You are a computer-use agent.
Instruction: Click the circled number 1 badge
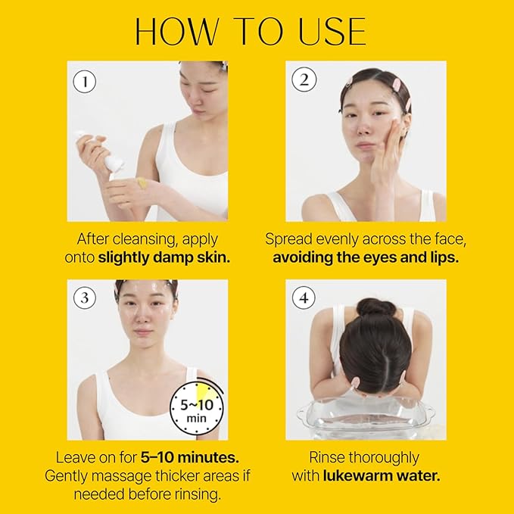[85, 80]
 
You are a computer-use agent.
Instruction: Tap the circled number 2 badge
[304, 80]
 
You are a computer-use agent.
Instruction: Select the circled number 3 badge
[85, 298]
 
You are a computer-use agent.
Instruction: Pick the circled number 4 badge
[304, 298]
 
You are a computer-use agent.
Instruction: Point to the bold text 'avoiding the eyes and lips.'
[365, 257]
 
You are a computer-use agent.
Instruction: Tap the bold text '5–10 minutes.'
[189, 457]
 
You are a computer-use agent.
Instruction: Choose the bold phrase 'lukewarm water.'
[382, 475]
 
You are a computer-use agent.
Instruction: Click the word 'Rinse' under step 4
[330, 457]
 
